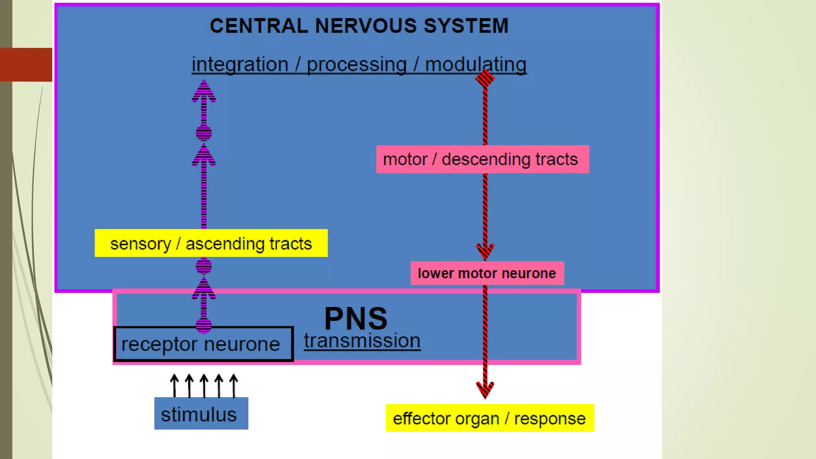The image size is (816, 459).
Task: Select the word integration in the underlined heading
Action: (240, 65)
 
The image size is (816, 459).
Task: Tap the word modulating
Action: (475, 65)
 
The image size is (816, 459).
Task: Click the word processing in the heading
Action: (356, 65)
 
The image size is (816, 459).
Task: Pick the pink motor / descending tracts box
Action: (482, 159)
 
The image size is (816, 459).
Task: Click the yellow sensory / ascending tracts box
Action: (211, 243)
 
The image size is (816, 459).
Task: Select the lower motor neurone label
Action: (487, 273)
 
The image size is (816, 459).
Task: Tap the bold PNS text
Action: (355, 318)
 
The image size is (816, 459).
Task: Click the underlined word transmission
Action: (362, 341)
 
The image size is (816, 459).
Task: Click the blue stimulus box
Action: (201, 414)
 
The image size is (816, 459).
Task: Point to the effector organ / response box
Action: (489, 418)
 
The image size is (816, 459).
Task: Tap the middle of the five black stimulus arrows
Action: (204, 385)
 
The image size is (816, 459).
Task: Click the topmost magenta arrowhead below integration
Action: (204, 91)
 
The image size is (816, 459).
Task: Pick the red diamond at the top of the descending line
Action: (485, 78)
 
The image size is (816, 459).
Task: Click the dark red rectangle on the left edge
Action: (26, 65)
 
